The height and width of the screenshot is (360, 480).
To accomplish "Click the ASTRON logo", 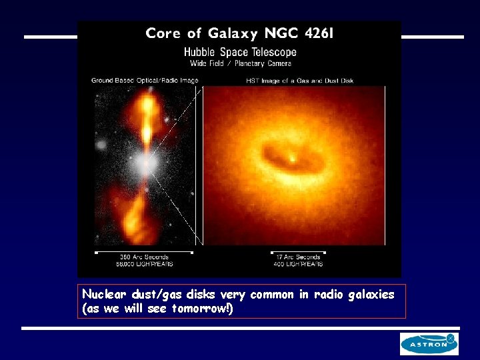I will point(429,344).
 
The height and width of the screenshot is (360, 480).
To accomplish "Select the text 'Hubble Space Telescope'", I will point(239,52).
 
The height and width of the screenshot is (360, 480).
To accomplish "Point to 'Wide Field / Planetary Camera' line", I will point(239,64).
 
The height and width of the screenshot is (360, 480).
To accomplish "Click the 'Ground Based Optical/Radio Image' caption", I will point(145,81).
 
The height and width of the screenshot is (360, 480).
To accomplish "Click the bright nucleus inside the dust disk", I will point(293,159).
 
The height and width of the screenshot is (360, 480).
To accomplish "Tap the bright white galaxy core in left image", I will point(145,163).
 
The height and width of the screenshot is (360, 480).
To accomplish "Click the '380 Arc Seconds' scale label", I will point(144,257).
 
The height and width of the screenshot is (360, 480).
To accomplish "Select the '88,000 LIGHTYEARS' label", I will point(143,264).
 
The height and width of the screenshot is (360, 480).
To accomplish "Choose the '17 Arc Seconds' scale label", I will point(298,257).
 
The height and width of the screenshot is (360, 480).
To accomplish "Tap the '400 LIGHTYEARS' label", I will point(298,264).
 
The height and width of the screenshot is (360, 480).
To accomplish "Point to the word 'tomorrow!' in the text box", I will point(202,308).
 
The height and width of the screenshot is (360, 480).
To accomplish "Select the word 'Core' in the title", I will point(163,33).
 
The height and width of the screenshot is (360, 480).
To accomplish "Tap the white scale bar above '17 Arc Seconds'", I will point(298,252).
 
